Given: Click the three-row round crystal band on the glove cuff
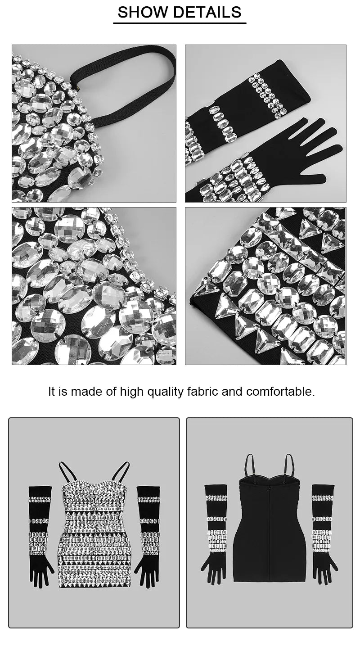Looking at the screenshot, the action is tap(267, 94).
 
